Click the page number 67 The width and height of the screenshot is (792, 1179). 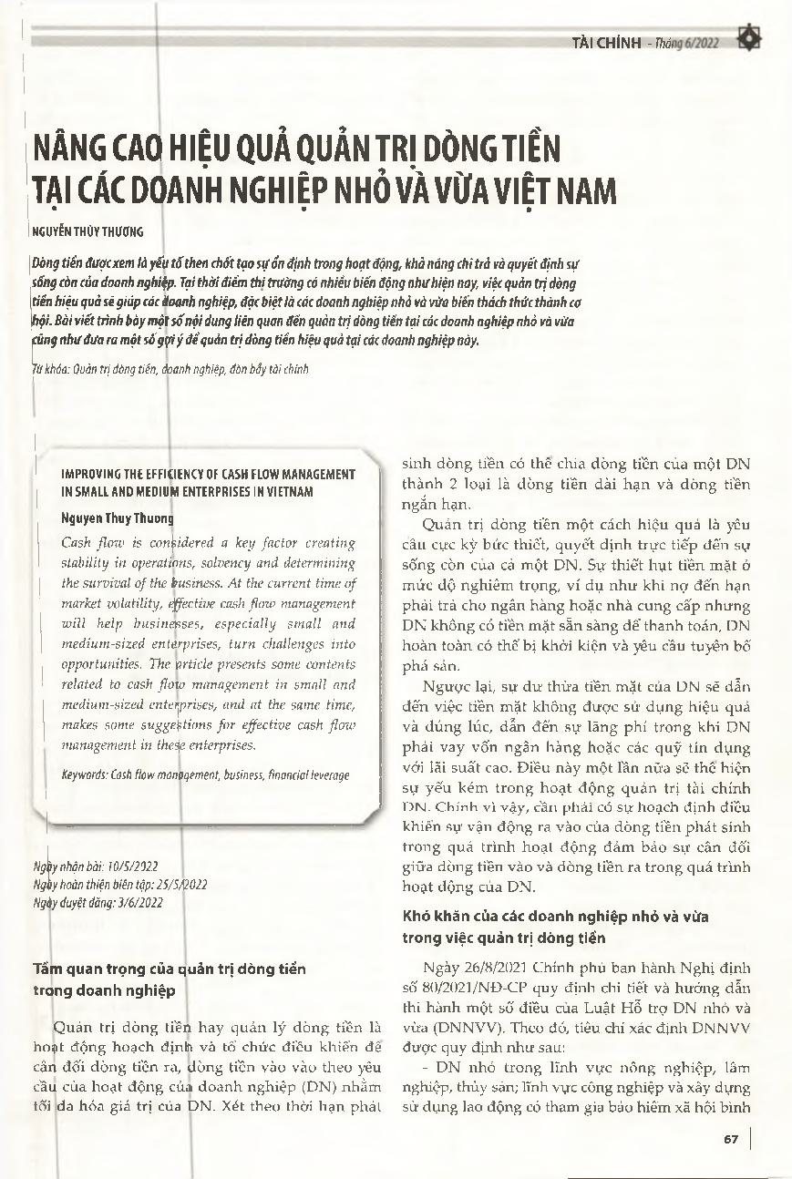click(x=730, y=1139)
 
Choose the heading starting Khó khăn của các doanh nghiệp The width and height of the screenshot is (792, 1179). click(x=555, y=915)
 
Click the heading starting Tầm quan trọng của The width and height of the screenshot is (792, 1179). click(x=169, y=969)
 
